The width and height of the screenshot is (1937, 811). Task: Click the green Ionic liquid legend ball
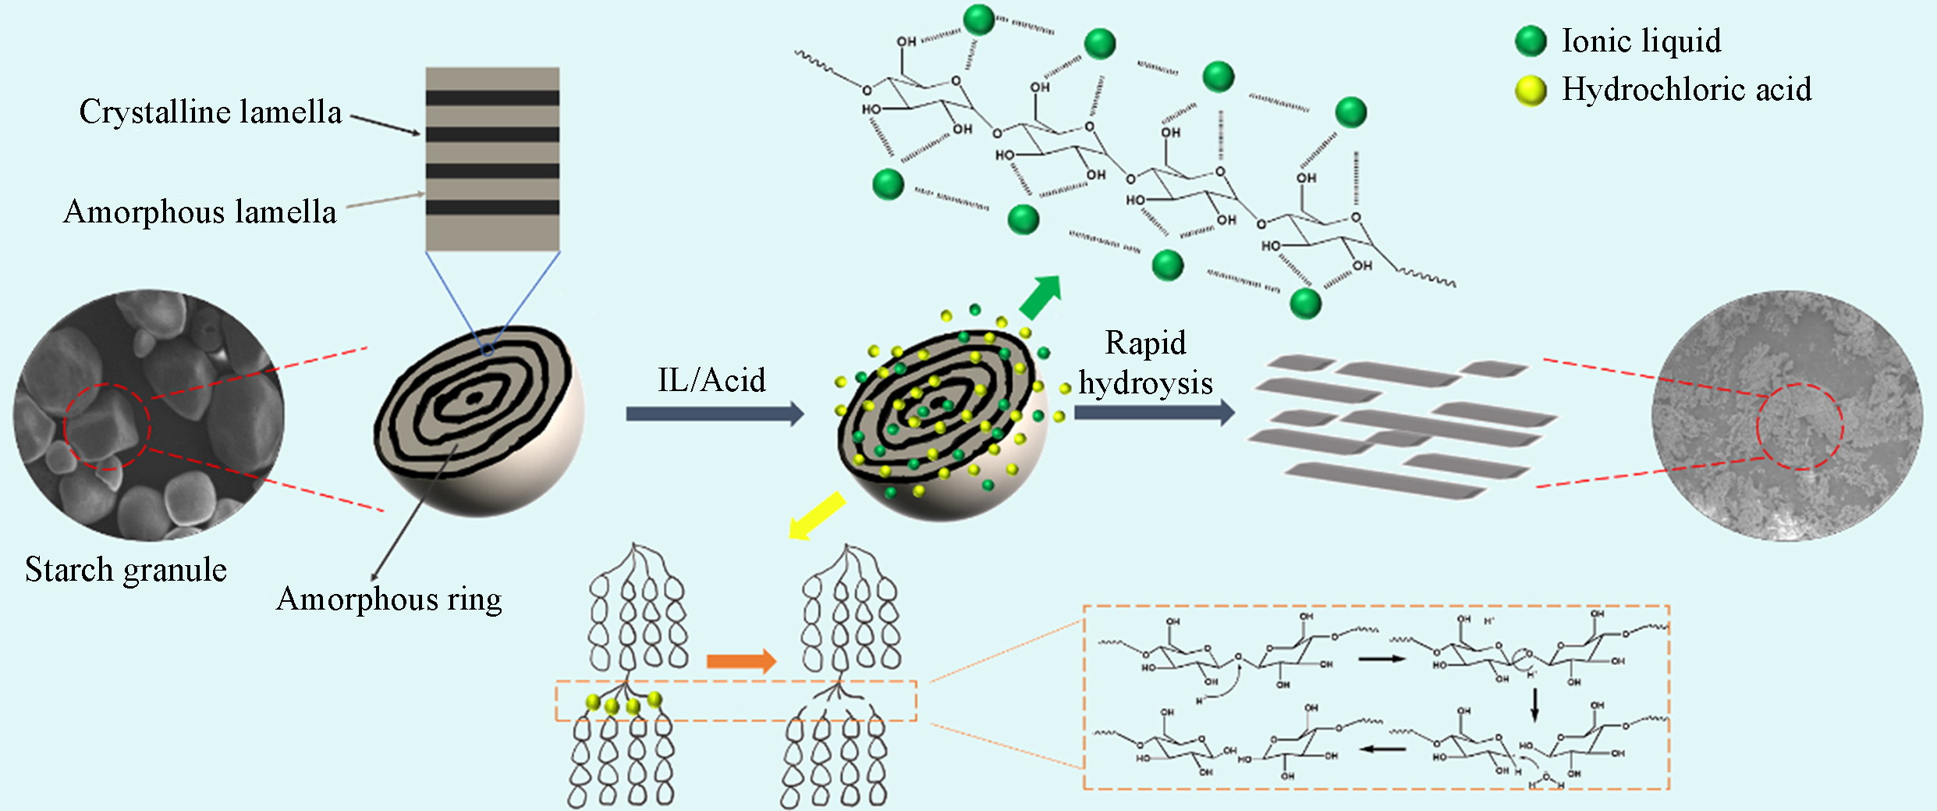coord(1531,41)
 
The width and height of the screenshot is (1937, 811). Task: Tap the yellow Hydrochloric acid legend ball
coord(1531,91)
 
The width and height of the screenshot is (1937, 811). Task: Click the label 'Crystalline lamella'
coord(211,112)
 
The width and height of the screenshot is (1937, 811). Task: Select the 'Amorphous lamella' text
coord(200,212)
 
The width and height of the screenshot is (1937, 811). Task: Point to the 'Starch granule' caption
coord(126,570)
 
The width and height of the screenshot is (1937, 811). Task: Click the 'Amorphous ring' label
coord(388,599)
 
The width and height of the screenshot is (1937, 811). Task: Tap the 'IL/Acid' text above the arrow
coord(711,380)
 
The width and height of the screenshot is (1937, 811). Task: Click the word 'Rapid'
coord(1145,343)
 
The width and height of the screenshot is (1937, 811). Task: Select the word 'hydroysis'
coord(1145,383)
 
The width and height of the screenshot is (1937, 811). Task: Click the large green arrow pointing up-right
coord(1041,297)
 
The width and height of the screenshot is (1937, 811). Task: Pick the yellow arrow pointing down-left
coord(816,516)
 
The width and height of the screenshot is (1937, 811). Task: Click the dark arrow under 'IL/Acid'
coord(715,414)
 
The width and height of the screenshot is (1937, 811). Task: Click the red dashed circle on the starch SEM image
coord(107,427)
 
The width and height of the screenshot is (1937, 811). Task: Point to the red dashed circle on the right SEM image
coord(1799,426)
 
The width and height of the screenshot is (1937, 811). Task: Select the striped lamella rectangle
coord(492,159)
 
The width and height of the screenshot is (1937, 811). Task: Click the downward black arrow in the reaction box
coord(1534,704)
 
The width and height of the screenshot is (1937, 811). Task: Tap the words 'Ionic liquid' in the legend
coord(1641,41)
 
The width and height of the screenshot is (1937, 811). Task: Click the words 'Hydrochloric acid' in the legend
coord(1687,90)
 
